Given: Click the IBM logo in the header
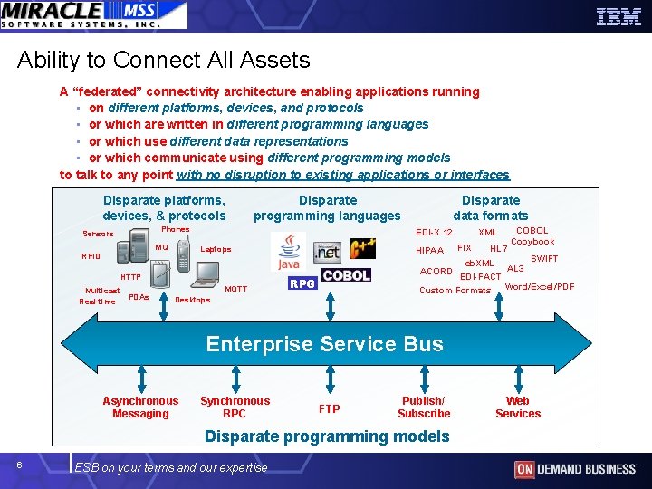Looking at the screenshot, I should (x=618, y=15).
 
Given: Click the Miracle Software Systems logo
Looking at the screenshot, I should (x=93, y=14).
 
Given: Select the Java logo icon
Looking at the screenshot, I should (x=290, y=252).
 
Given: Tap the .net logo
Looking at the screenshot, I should (x=327, y=251).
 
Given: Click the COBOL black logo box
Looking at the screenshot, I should (x=346, y=275).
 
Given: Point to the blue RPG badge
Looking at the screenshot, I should (x=302, y=283).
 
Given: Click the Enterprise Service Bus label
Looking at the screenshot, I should (x=324, y=344).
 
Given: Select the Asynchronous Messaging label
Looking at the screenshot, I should (x=140, y=407).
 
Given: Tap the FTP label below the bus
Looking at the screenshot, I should (x=330, y=409).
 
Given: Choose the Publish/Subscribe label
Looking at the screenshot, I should (x=424, y=407).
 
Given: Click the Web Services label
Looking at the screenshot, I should (x=518, y=407).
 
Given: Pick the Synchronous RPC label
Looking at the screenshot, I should (x=235, y=407).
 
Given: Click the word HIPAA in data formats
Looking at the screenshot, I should (x=429, y=251).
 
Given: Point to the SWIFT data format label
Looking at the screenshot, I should (x=544, y=259).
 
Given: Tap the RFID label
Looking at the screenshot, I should (x=91, y=256).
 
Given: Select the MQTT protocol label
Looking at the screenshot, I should (x=235, y=289).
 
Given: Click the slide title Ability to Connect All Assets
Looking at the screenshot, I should (x=163, y=61).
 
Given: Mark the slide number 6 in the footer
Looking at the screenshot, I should (x=20, y=465).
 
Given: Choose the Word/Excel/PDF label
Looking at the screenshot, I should (x=540, y=287).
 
